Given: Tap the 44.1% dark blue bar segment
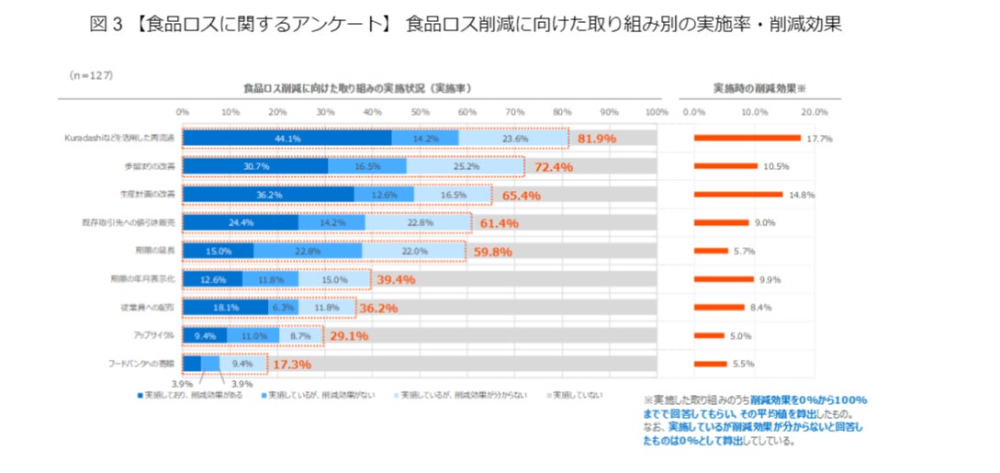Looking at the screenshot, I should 287,139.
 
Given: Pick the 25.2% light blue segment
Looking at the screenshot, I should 466,167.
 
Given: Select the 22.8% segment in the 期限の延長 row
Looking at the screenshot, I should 308,251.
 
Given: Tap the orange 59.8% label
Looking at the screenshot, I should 492,252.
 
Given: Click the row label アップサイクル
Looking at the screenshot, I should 155,335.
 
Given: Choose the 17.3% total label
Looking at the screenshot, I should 292,365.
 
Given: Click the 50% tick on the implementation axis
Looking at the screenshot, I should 420,111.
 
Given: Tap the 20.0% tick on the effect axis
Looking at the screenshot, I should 814,111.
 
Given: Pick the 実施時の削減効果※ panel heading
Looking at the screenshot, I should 758,88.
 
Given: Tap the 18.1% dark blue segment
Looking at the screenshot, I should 225,308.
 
